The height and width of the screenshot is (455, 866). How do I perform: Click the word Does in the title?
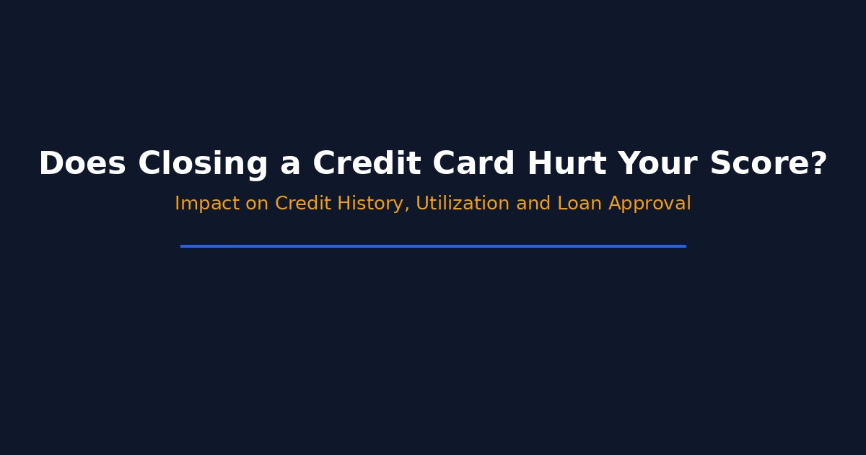coord(82,163)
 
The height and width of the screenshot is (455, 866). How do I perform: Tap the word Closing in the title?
coord(203,165)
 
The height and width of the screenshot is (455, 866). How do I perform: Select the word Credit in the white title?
coord(367,162)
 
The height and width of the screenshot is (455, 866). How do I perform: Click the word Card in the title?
coord(473,162)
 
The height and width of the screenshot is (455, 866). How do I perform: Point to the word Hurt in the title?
coord(567,163)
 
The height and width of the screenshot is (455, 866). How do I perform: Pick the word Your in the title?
coord(657,163)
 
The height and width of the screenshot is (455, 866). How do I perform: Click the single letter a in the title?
coord(290,166)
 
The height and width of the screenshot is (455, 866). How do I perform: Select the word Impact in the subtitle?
coord(207,204)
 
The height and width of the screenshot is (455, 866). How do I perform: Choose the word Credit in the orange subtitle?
coord(303,203)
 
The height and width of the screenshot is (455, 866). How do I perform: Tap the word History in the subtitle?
coord(370,204)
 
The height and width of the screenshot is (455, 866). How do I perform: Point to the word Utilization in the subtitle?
coord(463,203)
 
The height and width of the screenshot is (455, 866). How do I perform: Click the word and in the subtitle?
coord(533,203)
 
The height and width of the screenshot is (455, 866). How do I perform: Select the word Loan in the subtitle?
coord(579,203)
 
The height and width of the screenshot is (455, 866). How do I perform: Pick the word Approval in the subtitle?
coord(649,204)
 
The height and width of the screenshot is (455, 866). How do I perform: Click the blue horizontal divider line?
coord(433,246)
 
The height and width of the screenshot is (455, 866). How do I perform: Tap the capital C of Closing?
coord(149,163)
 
